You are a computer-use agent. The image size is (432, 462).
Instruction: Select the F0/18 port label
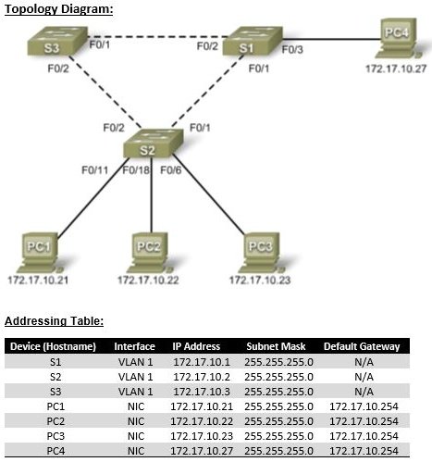(x=135, y=170)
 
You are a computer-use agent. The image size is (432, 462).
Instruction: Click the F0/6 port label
(x=171, y=170)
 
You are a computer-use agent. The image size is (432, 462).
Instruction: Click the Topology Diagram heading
(x=59, y=8)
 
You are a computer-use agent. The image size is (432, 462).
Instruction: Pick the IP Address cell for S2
(x=196, y=377)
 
